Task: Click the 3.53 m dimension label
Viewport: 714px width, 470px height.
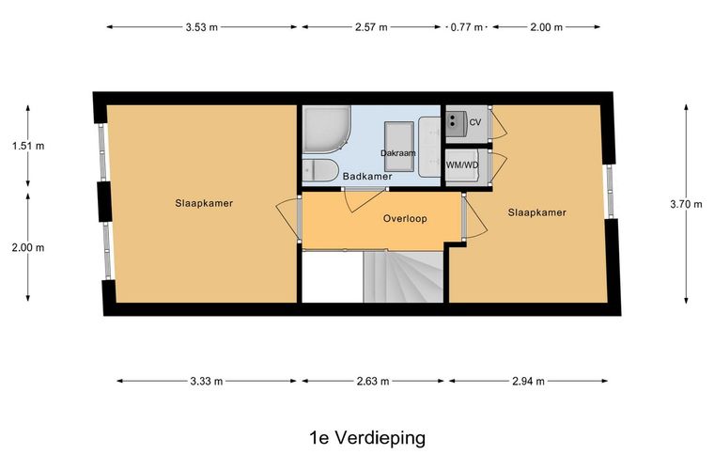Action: [201, 27]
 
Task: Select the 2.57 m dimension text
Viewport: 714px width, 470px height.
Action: [371, 27]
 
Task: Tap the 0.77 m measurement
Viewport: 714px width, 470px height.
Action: [466, 27]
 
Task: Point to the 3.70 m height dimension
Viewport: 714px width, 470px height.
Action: [686, 204]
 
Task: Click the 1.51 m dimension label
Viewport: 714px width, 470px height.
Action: [28, 147]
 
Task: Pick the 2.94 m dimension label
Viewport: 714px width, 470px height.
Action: [528, 382]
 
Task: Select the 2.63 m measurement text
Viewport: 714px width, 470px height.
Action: [373, 382]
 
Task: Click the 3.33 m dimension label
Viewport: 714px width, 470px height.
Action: [207, 382]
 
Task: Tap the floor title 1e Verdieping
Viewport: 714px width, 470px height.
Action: [367, 438]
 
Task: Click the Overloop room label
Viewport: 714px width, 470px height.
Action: [405, 219]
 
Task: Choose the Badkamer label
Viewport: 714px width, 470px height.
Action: [367, 177]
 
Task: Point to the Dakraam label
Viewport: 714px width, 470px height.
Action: [398, 153]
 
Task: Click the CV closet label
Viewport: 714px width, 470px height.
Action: [475, 122]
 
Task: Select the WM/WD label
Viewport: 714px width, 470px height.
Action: [462, 165]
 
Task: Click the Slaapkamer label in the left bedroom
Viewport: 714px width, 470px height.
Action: [204, 204]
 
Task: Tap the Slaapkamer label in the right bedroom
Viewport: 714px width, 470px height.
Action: [537, 212]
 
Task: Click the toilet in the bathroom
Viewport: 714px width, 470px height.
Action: [319, 171]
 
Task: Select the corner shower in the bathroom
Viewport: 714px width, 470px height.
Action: [326, 129]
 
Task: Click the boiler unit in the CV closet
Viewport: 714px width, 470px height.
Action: [456, 120]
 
